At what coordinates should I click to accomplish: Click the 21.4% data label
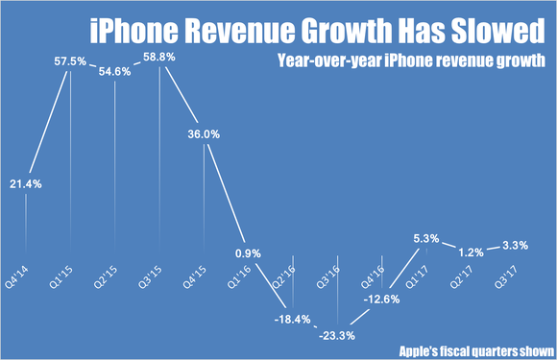(x=25, y=182)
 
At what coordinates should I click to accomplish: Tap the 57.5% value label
(x=69, y=60)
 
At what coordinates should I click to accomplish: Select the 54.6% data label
(x=115, y=72)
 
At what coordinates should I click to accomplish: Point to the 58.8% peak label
(x=160, y=57)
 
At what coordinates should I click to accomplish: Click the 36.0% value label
(x=205, y=135)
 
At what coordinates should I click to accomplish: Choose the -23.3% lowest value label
(x=338, y=336)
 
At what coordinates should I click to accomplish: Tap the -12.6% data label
(x=384, y=299)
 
